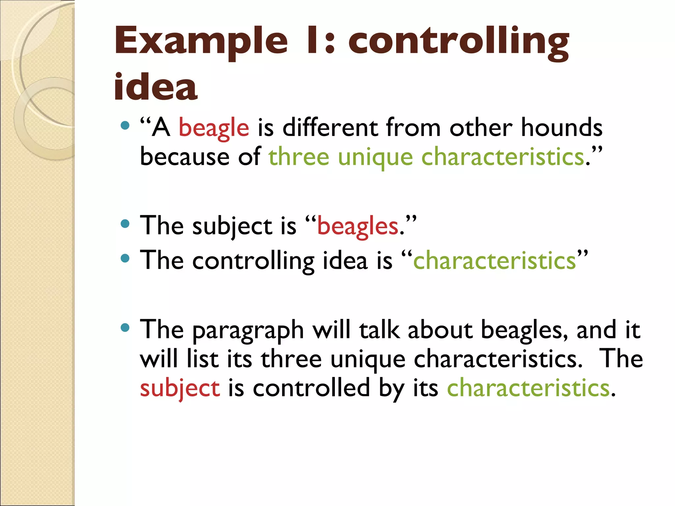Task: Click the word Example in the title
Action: click(x=201, y=41)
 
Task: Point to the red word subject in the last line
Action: click(x=180, y=388)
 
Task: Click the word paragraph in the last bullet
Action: click(x=248, y=330)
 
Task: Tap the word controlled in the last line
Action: click(x=311, y=388)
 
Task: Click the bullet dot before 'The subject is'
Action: click(x=125, y=224)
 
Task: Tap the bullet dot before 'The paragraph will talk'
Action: click(x=125, y=327)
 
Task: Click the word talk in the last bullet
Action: click(x=379, y=330)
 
